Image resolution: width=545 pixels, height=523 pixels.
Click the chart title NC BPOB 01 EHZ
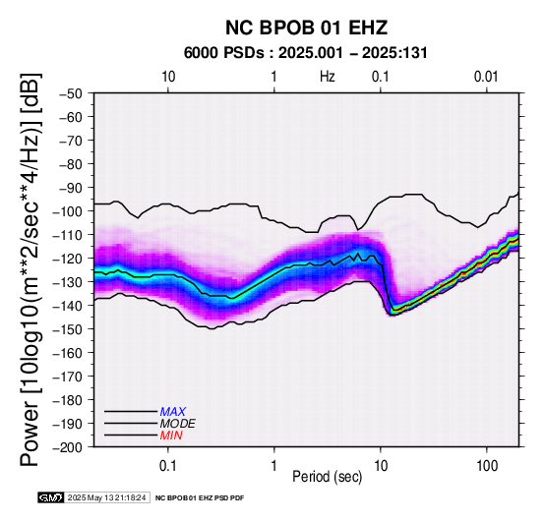(x=306, y=28)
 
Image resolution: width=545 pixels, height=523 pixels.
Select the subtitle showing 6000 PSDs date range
(x=306, y=53)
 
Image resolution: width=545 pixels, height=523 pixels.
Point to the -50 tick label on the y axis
(x=71, y=93)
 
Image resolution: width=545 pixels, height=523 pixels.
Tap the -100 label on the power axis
(x=68, y=211)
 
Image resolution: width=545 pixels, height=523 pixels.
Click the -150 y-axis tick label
(x=68, y=329)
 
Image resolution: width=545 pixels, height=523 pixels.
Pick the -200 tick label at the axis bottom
(x=68, y=446)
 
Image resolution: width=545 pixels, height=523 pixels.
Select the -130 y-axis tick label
(x=68, y=281)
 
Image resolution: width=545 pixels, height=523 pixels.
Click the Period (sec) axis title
(x=327, y=477)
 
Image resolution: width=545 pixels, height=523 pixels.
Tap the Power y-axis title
(x=30, y=269)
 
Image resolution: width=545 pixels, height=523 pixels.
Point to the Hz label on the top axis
(x=327, y=77)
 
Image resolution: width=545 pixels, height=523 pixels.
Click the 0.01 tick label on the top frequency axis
(x=486, y=77)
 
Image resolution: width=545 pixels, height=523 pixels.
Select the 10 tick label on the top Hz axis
(x=168, y=77)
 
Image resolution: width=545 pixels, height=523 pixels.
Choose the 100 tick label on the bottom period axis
(x=487, y=466)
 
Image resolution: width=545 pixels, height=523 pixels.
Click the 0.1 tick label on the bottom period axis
(x=168, y=466)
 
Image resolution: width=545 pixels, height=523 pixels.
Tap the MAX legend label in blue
(x=173, y=412)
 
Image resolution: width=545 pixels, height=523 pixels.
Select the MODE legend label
(x=178, y=424)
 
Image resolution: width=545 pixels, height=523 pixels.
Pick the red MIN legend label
(x=171, y=436)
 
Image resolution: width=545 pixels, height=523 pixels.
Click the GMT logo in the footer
(x=51, y=497)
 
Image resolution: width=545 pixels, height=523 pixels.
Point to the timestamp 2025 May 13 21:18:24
(x=106, y=497)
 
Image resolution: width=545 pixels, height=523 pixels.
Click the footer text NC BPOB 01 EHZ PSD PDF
(x=200, y=498)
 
